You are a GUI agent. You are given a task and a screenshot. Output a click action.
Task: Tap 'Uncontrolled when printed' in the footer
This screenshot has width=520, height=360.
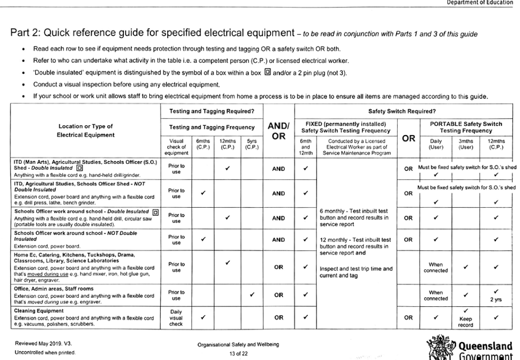(44, 352)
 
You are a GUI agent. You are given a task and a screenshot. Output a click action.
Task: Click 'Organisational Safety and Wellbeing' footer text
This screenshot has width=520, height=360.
(238, 344)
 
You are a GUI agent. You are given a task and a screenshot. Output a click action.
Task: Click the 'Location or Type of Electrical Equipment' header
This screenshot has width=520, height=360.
(86, 130)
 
